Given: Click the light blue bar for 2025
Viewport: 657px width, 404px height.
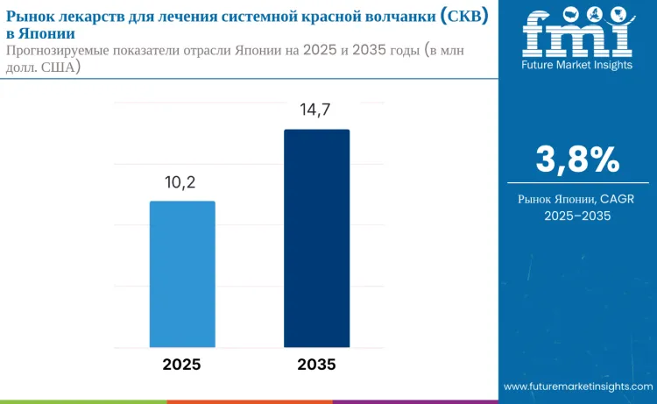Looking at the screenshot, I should [x=182, y=273].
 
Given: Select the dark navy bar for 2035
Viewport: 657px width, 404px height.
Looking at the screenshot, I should [x=316, y=238].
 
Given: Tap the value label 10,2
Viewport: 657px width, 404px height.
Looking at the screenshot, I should [x=182, y=182].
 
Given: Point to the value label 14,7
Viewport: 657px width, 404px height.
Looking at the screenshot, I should [x=316, y=110].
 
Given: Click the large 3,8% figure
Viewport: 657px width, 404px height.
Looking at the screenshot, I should [x=577, y=159].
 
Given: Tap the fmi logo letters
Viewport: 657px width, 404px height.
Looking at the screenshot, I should [x=577, y=35].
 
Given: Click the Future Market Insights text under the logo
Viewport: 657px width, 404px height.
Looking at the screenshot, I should [x=577, y=65].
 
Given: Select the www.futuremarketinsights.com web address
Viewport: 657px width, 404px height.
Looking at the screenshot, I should [x=577, y=386].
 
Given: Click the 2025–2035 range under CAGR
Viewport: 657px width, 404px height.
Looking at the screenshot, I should [x=577, y=216].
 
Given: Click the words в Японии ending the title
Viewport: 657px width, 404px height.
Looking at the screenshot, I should [x=39, y=33].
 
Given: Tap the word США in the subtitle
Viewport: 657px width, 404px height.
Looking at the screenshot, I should [x=58, y=67].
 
